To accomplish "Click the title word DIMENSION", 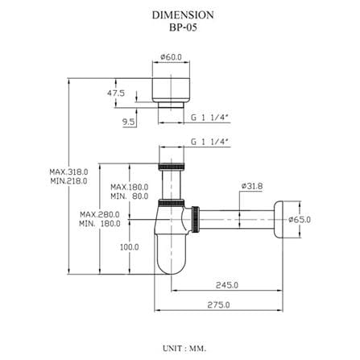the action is (183, 15).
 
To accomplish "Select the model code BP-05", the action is (183, 27).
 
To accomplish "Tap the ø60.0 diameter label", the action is (171, 57).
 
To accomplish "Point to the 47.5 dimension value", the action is (116, 93).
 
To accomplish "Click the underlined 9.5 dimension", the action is (129, 122).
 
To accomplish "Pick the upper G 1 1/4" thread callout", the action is (211, 118).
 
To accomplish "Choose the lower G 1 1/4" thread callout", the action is (211, 142).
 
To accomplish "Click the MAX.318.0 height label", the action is (68, 172).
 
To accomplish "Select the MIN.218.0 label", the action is (68, 181).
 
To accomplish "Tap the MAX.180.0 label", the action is (130, 187).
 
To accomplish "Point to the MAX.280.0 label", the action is (100, 214).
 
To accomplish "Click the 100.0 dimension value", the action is (130, 247).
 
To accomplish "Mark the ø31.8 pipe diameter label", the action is (252, 186).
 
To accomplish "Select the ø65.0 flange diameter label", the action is (300, 220).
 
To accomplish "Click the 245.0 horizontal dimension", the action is (227, 285).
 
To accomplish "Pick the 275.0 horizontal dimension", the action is (218, 305).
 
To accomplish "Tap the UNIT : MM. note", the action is (184, 349).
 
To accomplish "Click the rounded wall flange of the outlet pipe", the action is (279, 219).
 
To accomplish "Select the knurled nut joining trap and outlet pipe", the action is (196, 220).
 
